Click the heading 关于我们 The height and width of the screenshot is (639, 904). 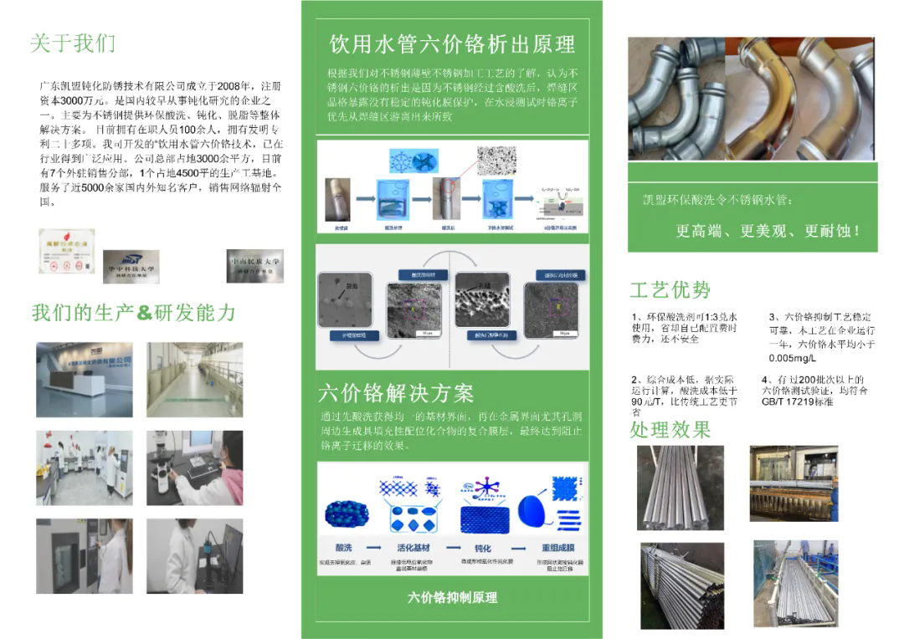coord(73,43)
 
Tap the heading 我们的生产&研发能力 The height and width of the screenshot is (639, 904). coord(133,313)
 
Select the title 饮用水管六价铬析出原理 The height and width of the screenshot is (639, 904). coord(452,43)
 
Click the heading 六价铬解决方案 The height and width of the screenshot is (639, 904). coord(396,393)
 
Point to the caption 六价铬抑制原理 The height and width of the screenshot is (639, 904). coord(452,597)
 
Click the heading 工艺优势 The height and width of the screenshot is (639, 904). coord(670,290)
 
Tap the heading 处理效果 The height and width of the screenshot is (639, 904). coord(670,430)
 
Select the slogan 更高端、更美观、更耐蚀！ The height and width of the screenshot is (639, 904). coord(768,231)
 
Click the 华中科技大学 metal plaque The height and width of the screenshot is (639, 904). coord(131,266)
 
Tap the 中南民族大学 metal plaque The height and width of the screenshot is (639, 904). coord(254,265)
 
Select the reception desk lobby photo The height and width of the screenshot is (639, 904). coord(84,379)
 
